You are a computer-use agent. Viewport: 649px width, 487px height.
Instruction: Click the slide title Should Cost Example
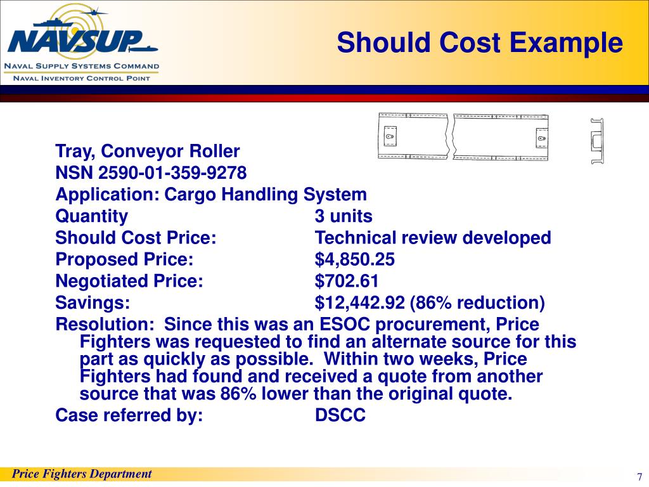(x=480, y=43)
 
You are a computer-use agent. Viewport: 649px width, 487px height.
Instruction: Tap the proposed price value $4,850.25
(x=355, y=259)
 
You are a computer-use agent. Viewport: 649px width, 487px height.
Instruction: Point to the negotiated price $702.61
(x=347, y=281)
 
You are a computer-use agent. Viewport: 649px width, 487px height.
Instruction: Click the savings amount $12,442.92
(x=360, y=302)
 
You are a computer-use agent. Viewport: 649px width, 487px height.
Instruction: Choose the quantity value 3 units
(x=344, y=216)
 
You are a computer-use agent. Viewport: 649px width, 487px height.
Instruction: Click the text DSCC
(x=340, y=415)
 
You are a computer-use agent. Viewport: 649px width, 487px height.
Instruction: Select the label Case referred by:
(x=129, y=415)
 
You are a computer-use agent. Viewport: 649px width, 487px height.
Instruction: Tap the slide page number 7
(x=639, y=477)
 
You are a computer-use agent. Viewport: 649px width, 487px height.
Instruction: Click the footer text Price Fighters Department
(x=82, y=474)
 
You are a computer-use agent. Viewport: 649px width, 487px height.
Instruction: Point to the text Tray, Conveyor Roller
(x=148, y=152)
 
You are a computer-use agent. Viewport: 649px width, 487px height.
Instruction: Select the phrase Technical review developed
(x=433, y=238)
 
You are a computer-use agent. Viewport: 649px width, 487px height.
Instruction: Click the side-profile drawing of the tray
(x=596, y=140)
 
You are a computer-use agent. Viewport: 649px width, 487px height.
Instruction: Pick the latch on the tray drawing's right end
(x=541, y=138)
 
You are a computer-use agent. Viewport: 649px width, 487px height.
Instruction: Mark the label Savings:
(x=93, y=302)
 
